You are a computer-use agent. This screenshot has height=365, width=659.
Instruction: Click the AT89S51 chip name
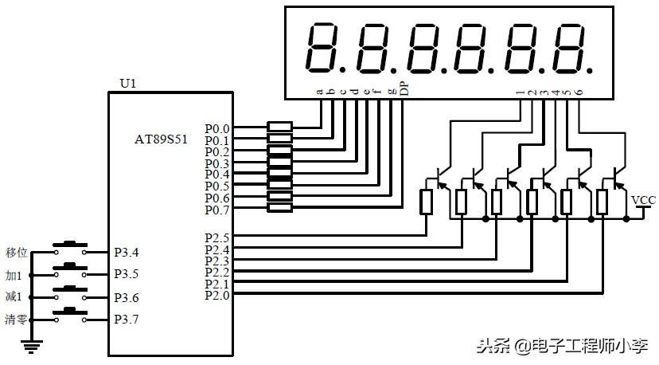tap(161, 139)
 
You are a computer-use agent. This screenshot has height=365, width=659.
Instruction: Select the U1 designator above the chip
tap(127, 83)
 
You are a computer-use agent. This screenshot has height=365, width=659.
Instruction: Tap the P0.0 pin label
tap(216, 128)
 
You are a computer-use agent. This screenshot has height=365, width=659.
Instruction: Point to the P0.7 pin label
tap(216, 210)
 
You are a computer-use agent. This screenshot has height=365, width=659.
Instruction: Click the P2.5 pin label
tap(216, 237)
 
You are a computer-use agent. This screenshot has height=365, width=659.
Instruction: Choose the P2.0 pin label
tap(216, 295)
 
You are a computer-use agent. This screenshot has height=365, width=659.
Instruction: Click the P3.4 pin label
tap(127, 253)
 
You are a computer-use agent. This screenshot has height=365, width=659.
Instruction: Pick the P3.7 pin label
tap(127, 320)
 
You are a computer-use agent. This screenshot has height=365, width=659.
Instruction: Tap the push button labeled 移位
tap(69, 245)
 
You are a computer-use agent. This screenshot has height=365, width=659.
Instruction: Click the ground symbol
tap(32, 344)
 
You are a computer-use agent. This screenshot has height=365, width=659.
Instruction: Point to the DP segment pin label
tap(404, 90)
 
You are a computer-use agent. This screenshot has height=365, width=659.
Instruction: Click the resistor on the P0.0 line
tap(279, 127)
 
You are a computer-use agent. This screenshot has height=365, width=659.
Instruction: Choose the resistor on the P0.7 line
tap(279, 209)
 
